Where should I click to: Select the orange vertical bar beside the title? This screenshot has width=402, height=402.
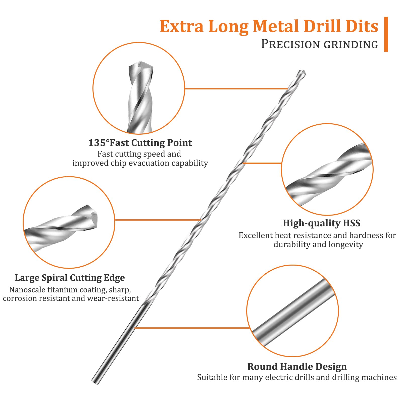click(386, 34)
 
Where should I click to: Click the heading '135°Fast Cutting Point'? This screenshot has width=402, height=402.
click(140, 143)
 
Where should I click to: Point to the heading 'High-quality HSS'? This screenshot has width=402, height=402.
click(322, 223)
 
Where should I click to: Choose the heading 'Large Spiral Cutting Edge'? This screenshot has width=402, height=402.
click(70, 278)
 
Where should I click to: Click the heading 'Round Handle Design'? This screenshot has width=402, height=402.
click(297, 367)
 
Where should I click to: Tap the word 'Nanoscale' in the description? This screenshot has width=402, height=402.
click(27, 290)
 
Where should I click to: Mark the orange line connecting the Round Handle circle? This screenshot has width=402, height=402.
click(192, 328)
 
